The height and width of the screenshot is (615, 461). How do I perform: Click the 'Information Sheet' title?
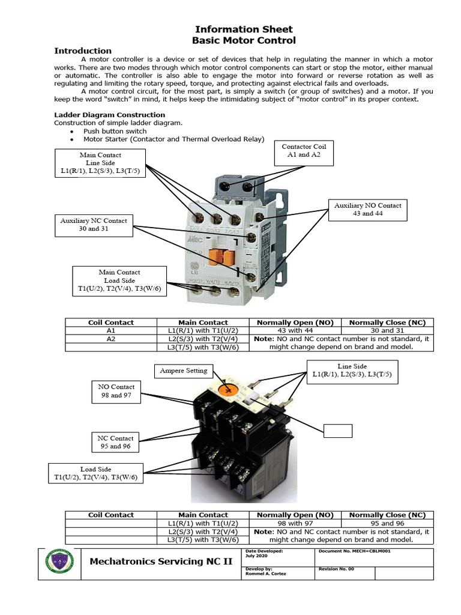[244, 29]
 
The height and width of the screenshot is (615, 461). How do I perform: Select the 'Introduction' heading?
[83, 51]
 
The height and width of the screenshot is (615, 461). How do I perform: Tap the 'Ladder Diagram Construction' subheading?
[109, 115]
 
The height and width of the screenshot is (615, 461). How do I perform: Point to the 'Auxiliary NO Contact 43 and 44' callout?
[367, 209]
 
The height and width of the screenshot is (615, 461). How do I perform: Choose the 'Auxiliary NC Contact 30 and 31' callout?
[93, 225]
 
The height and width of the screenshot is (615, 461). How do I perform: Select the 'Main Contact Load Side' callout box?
[119, 280]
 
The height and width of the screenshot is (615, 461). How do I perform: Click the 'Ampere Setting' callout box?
[184, 371]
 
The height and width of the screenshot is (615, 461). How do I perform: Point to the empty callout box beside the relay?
[338, 431]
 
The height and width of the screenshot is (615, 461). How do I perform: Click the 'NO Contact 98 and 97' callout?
[116, 391]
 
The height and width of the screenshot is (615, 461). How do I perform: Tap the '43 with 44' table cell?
[295, 330]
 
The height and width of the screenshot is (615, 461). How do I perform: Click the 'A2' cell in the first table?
[111, 339]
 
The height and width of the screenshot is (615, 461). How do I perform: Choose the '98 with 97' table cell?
[295, 523]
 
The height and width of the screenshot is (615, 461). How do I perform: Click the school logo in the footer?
[60, 563]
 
